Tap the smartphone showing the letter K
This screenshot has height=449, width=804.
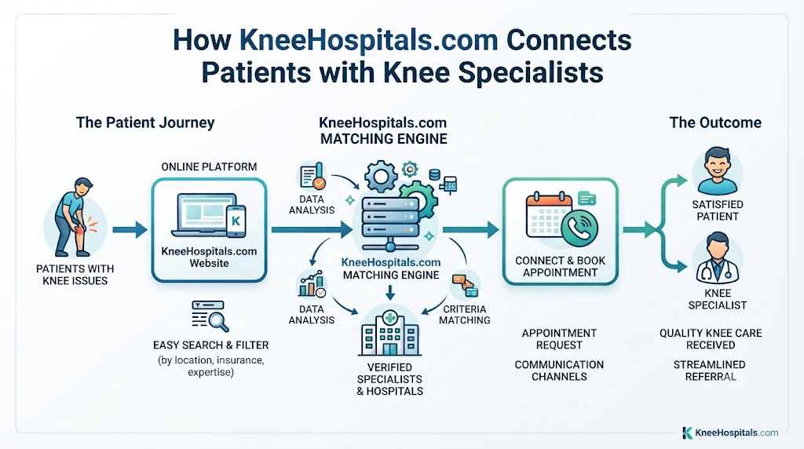click(x=236, y=221)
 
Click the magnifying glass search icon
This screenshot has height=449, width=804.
click(x=210, y=316)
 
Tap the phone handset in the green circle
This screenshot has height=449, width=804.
click(x=580, y=228)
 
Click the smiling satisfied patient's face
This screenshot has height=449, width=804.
click(x=718, y=165)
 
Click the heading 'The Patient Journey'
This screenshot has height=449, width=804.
click(x=145, y=123)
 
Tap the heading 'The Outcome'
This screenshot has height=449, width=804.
click(x=715, y=122)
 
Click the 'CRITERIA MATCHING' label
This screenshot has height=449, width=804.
click(x=465, y=315)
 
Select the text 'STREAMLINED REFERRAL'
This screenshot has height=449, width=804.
click(x=710, y=371)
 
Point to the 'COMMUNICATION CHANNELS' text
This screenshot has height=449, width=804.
click(x=559, y=371)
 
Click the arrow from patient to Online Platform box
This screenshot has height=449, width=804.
click(x=130, y=230)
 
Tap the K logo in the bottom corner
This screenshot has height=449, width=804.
click(x=688, y=433)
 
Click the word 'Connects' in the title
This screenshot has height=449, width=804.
click(x=568, y=40)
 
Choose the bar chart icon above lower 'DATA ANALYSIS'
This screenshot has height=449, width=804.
click(x=311, y=284)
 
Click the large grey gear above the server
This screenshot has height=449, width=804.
click(x=381, y=177)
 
